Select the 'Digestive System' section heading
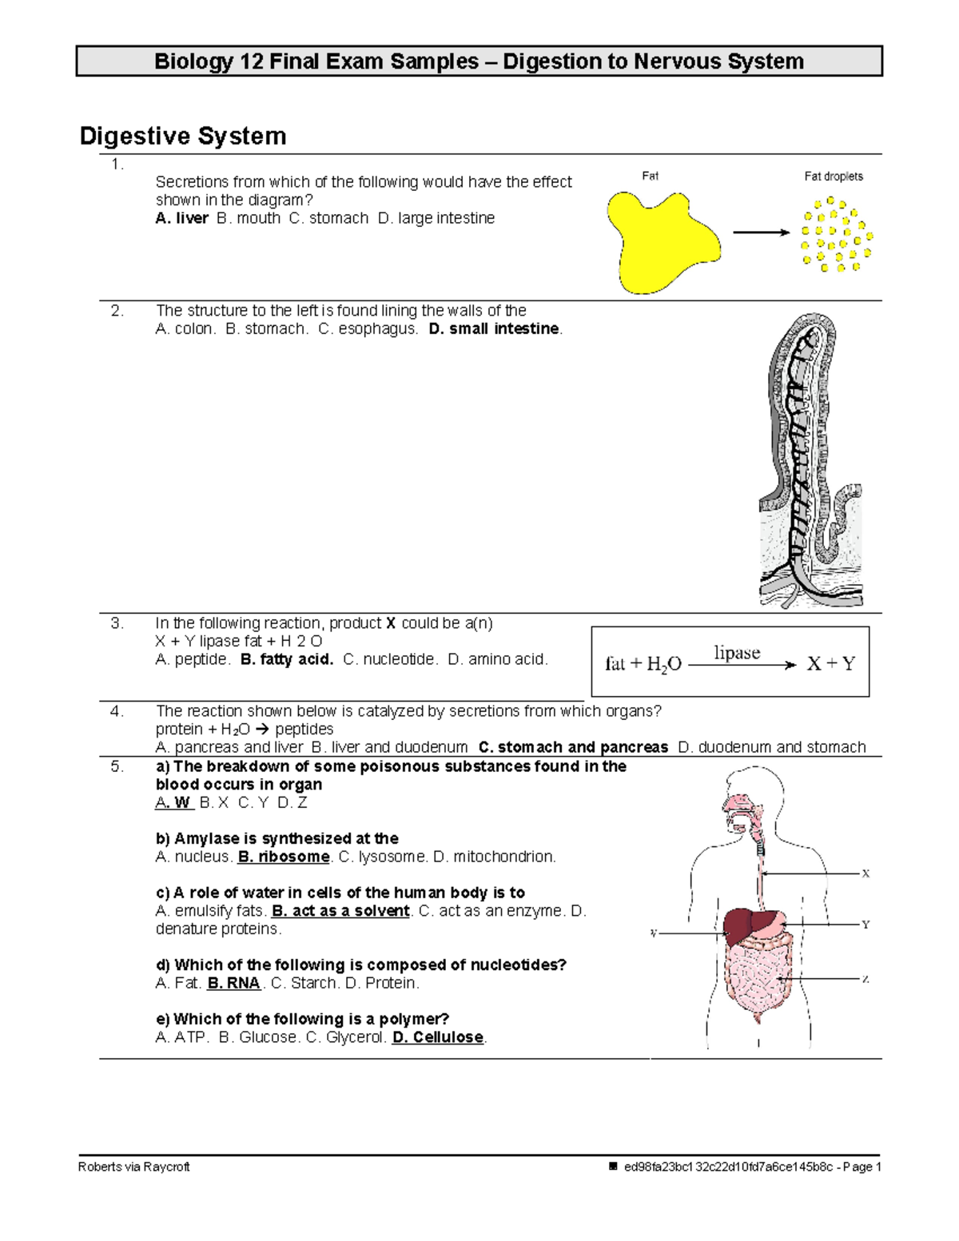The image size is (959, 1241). pyautogui.click(x=183, y=136)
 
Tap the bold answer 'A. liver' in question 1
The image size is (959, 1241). pyautogui.click(x=182, y=218)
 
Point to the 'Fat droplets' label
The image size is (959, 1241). pyautogui.click(x=833, y=177)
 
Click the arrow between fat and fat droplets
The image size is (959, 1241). pyautogui.click(x=761, y=233)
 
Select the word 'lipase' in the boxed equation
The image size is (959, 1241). pyautogui.click(x=737, y=653)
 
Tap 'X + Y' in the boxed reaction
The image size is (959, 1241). pyautogui.click(x=831, y=664)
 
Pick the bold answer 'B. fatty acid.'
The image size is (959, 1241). pyautogui.click(x=286, y=660)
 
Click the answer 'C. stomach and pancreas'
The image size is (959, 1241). pyautogui.click(x=573, y=747)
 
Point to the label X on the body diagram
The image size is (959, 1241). pyautogui.click(x=865, y=873)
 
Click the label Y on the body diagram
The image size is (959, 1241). pyautogui.click(x=865, y=925)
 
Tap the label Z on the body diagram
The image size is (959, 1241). pyautogui.click(x=865, y=979)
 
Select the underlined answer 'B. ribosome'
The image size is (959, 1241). pyautogui.click(x=284, y=857)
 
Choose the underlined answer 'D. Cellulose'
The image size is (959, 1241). pyautogui.click(x=438, y=1037)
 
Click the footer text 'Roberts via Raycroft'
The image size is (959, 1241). pyautogui.click(x=134, y=1167)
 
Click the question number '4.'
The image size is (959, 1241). pyautogui.click(x=117, y=711)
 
